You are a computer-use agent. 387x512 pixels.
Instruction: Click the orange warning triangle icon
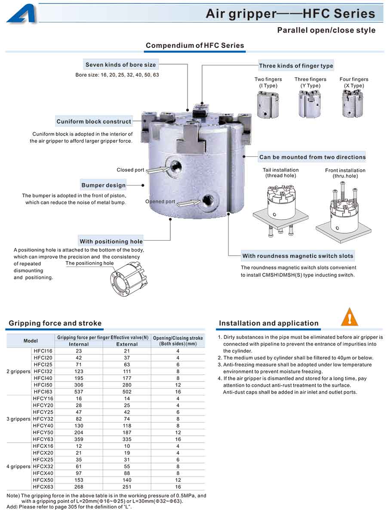coord(349,317)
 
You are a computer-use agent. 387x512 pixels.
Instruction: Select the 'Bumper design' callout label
coord(104,186)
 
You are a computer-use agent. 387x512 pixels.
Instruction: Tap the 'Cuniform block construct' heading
coord(94,121)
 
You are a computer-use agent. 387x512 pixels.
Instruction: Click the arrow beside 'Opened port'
coord(189,202)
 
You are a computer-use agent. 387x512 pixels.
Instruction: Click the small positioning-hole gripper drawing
coord(128,281)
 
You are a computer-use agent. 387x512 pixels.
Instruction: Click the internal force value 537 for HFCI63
coord(79,392)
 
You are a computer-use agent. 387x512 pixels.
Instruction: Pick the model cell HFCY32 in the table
coord(43,419)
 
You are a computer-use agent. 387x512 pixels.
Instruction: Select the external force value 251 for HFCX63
coord(127,487)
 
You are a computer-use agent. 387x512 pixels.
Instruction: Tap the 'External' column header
coord(127,344)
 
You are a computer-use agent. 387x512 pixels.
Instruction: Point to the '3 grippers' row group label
coord(18,419)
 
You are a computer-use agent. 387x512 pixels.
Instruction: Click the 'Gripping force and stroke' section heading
coord(55,323)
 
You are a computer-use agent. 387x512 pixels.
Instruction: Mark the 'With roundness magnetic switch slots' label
coord(298,256)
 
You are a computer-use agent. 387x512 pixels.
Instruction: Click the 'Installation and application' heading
coord(269,323)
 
